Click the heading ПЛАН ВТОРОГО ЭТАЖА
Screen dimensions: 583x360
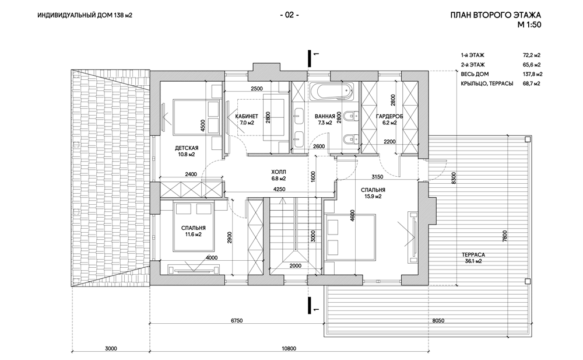(497, 15)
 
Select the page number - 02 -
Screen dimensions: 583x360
(290, 15)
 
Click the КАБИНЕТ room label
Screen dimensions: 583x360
(247, 116)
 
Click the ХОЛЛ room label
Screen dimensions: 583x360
(278, 172)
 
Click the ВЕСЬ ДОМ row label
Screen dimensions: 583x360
(475, 74)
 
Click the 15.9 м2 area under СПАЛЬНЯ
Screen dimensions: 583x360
(371, 197)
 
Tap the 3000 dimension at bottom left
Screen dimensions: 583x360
(111, 348)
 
